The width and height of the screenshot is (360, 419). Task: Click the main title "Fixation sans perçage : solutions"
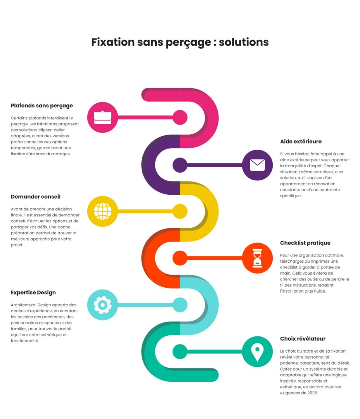[x=180, y=42]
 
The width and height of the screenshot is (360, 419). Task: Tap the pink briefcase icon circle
[x=102, y=118]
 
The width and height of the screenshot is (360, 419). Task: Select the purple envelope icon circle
[x=257, y=165]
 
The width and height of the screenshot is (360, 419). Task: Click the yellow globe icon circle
[x=102, y=211]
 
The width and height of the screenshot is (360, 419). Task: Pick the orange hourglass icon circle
[x=257, y=258]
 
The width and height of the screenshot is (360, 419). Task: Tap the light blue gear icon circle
[x=102, y=305]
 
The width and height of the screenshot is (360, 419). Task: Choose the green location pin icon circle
[x=257, y=351]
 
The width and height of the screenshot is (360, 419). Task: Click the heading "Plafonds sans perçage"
[x=42, y=106]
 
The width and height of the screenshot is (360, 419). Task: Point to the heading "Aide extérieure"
[x=301, y=142]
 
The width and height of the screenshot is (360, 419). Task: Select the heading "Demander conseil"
[x=36, y=197]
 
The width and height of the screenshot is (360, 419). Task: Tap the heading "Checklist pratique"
[x=305, y=243]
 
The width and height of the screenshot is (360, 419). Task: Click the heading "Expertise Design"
[x=33, y=293]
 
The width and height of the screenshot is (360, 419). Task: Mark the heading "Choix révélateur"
[x=303, y=339]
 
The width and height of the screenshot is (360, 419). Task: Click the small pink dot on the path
[x=180, y=118]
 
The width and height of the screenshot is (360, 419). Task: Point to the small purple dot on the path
[x=180, y=165]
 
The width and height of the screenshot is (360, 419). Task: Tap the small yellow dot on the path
[x=180, y=211]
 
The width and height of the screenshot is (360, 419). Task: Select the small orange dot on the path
[x=180, y=258]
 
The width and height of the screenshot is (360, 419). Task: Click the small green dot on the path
[x=180, y=351]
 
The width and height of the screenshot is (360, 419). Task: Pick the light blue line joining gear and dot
[x=144, y=305]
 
